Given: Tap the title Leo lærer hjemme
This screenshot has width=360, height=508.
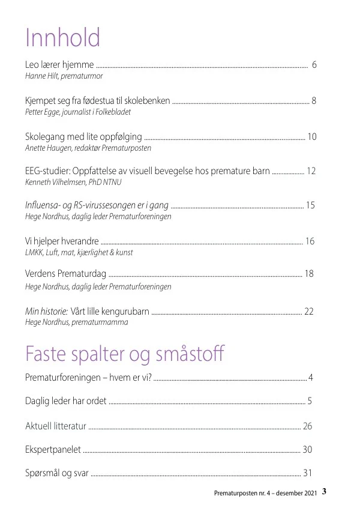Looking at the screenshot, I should pyautogui.click(x=59, y=65).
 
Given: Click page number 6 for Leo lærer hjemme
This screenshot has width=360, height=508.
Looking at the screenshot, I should pyautogui.click(x=314, y=65).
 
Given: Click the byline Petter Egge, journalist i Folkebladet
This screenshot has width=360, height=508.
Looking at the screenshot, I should pyautogui.click(x=77, y=112).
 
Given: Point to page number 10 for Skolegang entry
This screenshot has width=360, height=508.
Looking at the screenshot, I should pyautogui.click(x=312, y=136).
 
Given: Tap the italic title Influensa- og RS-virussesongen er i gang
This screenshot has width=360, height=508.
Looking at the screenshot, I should pyautogui.click(x=97, y=205).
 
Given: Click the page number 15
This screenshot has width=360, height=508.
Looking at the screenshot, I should pyautogui.click(x=310, y=205).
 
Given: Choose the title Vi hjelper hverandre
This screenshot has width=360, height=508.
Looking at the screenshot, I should pyautogui.click(x=62, y=241).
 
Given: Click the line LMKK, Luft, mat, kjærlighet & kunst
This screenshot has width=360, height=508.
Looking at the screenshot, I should pyautogui.click(x=79, y=253).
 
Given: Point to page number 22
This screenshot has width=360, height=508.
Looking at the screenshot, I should pyautogui.click(x=309, y=311).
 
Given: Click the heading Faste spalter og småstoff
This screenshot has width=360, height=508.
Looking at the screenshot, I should pyautogui.click(x=125, y=354).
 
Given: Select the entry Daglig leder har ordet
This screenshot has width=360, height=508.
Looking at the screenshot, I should pyautogui.click(x=65, y=401).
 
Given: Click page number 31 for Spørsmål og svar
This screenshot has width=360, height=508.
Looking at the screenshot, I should pyautogui.click(x=308, y=473).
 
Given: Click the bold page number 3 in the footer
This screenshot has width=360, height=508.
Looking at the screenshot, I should pyautogui.click(x=324, y=491).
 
